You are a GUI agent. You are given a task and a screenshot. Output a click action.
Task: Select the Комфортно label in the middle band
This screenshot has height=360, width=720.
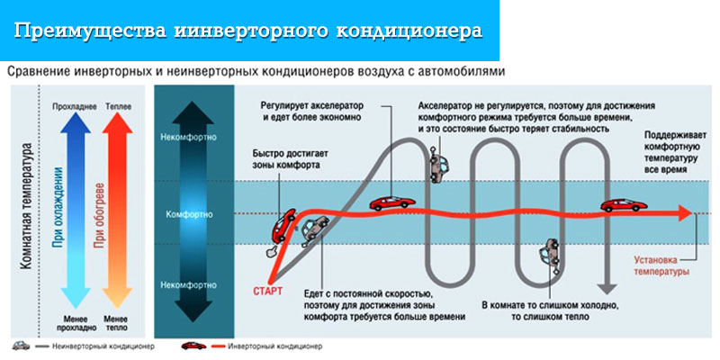point(190,216)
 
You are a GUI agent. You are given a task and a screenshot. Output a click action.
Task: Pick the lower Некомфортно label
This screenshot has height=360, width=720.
point(190,284)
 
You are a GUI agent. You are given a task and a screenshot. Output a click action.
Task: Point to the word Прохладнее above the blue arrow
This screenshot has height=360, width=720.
point(74,107)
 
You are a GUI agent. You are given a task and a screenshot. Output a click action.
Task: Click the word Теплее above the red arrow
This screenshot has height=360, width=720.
point(118,107)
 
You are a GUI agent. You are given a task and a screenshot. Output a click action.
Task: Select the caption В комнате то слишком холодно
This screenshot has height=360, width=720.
point(541,304)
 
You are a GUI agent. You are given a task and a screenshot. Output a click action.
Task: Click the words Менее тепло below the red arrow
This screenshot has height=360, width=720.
point(116,323)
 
